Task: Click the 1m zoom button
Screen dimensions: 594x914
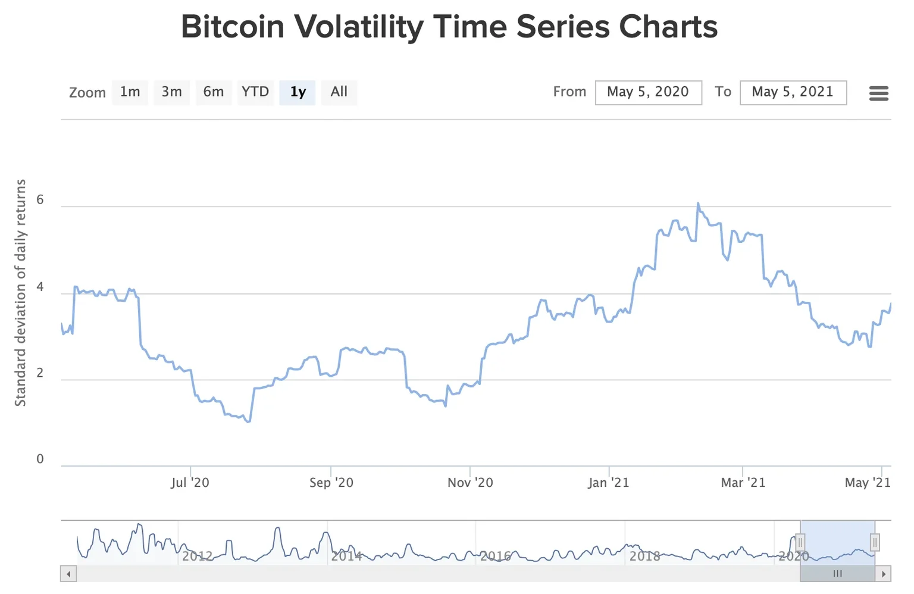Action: tap(130, 92)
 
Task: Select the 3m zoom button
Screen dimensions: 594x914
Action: tap(171, 92)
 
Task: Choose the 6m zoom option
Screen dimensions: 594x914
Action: tap(213, 92)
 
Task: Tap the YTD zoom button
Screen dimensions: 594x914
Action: tap(255, 92)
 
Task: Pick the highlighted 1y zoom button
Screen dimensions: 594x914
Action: tap(298, 92)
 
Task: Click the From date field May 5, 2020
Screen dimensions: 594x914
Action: tap(648, 92)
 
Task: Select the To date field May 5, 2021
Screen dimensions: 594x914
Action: tap(793, 92)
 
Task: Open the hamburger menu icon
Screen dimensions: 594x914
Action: tap(878, 93)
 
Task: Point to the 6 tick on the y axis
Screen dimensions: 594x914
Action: tap(40, 200)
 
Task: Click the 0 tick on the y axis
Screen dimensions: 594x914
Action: tap(40, 459)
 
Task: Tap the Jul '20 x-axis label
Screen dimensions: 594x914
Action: tap(190, 483)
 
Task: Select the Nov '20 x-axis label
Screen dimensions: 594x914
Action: tap(470, 483)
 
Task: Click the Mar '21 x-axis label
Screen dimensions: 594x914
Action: tap(743, 483)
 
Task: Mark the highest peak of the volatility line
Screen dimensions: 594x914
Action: tap(697, 204)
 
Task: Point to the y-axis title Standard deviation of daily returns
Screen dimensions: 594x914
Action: tap(21, 293)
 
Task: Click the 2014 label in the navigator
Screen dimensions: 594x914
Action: tap(346, 557)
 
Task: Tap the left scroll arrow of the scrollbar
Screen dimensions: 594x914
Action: tap(68, 574)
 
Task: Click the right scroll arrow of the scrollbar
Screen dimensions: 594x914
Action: tap(883, 574)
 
